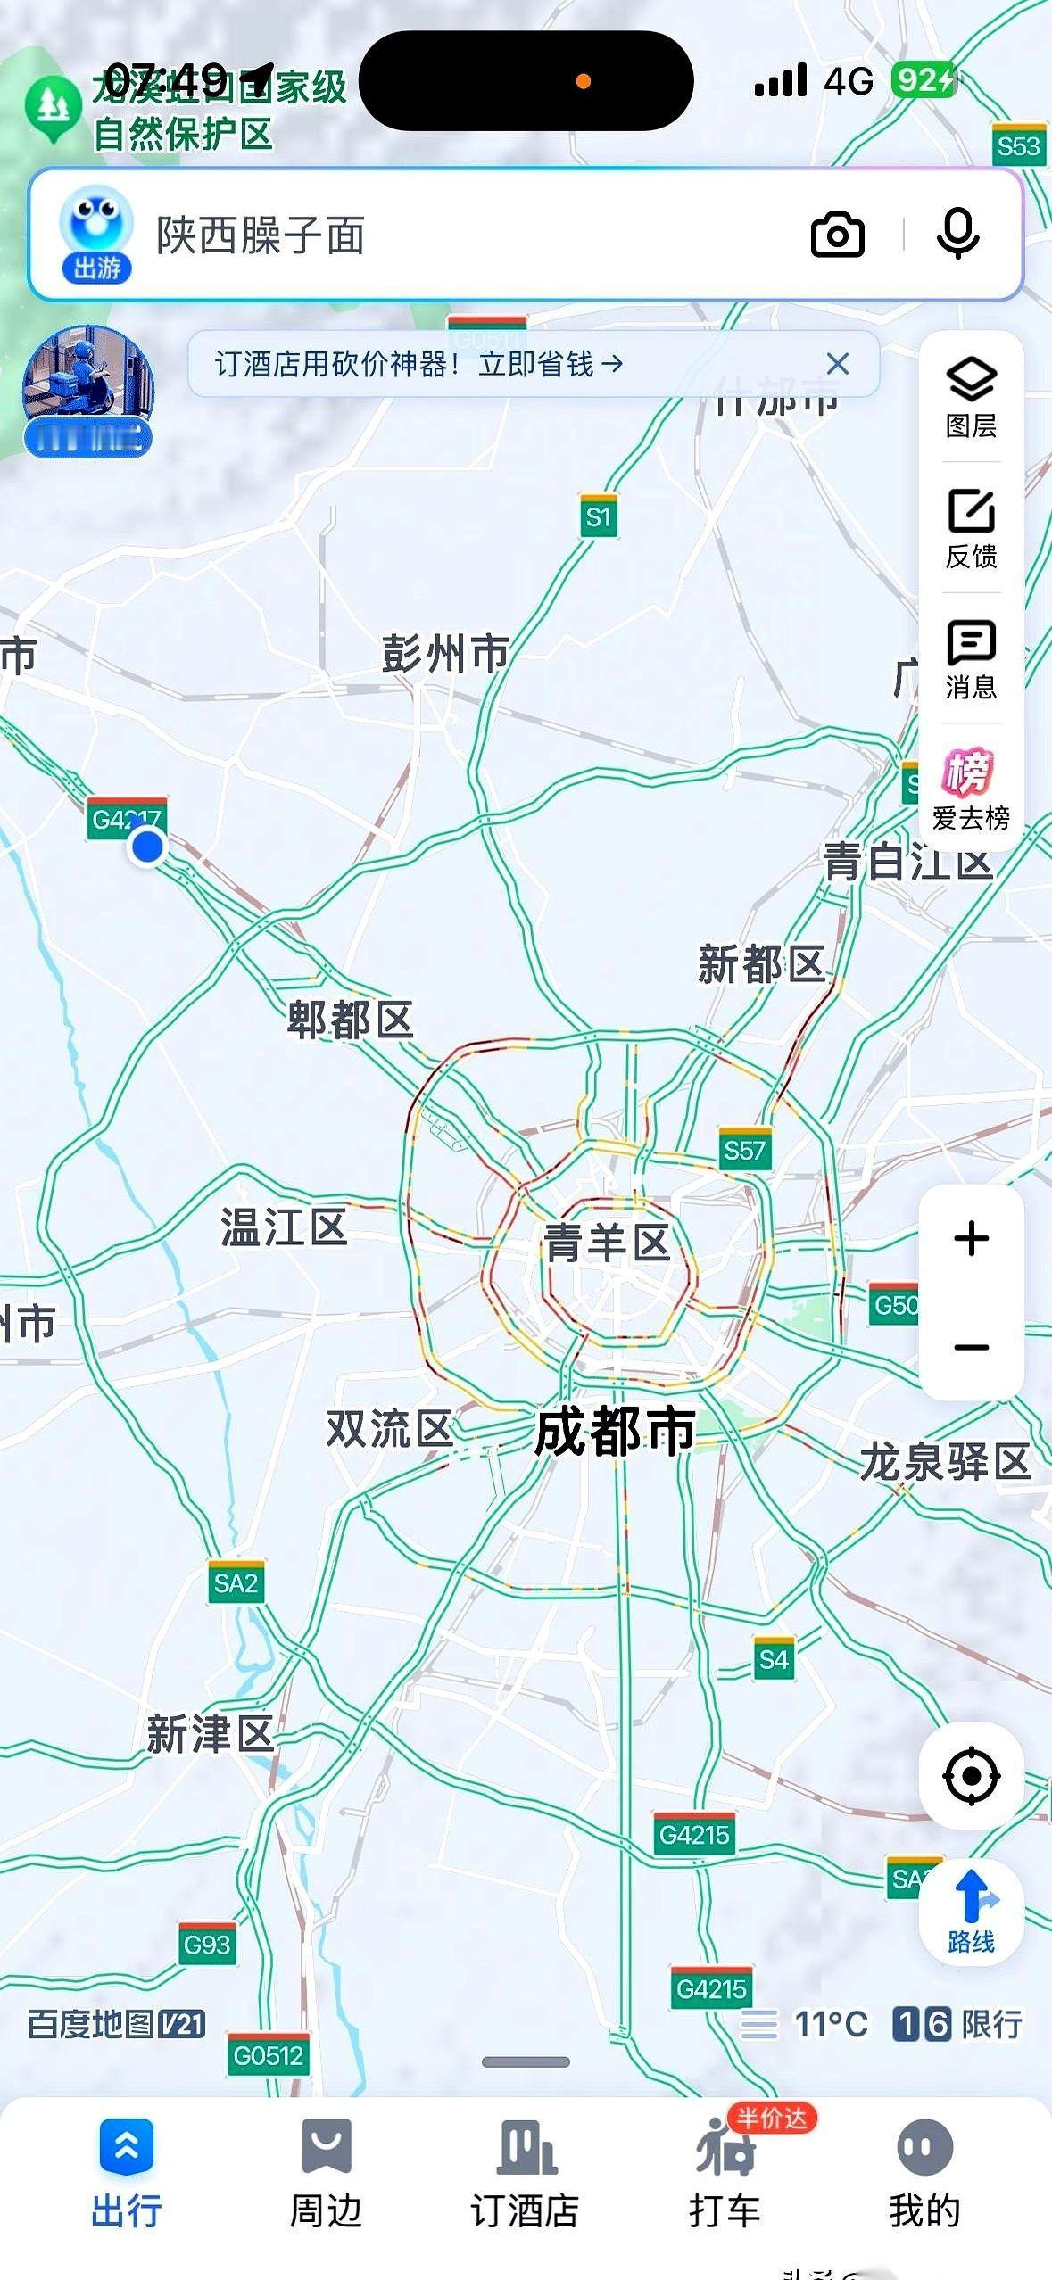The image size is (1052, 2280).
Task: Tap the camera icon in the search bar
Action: pos(837,235)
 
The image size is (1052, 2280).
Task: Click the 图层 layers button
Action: pos(971,397)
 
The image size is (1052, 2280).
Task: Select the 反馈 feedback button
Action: pos(971,528)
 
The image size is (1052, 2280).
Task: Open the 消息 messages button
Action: pos(971,659)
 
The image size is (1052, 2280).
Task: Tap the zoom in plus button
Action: pos(971,1239)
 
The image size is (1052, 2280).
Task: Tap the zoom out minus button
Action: pos(971,1347)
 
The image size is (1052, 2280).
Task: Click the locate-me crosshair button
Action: pos(971,1776)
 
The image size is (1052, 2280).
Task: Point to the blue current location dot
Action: pos(147,846)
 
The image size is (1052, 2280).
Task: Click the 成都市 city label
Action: pos(615,1432)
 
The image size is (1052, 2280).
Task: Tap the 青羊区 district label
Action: pos(607,1242)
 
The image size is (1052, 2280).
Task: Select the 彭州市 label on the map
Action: pos(444,654)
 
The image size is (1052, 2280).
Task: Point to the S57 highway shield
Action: pos(744,1150)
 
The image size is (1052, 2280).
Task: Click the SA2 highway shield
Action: pos(236,1583)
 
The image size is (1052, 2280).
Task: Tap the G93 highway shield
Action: pos(207,1945)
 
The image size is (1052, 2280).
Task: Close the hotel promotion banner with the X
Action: pos(837,364)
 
